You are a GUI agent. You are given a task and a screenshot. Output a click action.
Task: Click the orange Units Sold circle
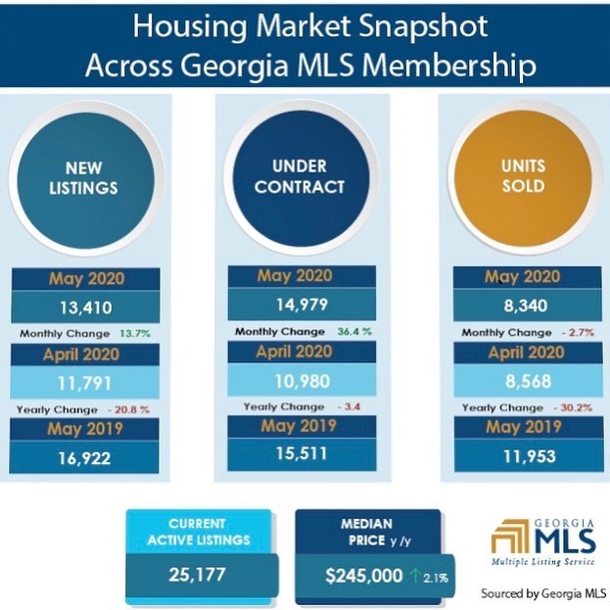click(523, 178)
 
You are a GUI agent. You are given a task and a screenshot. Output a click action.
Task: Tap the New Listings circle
click(85, 181)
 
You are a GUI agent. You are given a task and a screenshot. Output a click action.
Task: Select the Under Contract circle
click(301, 178)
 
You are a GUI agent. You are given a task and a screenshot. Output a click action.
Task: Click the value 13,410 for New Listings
click(86, 307)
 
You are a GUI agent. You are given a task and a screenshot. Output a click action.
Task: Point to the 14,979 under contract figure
click(302, 305)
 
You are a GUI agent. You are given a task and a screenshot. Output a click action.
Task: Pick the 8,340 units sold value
click(526, 305)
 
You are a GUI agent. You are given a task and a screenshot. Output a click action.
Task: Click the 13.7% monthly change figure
click(134, 334)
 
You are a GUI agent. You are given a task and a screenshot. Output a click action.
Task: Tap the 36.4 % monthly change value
click(354, 332)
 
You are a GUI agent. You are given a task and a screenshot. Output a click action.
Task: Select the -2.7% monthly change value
click(578, 333)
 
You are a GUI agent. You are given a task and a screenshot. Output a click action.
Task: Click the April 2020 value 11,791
click(84, 383)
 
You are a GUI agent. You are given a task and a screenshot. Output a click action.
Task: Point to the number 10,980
click(303, 381)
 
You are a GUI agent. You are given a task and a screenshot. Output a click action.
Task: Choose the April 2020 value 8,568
click(529, 381)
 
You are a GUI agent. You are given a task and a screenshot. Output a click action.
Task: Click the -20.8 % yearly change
click(128, 409)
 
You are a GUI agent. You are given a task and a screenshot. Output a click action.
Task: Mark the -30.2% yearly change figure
click(573, 407)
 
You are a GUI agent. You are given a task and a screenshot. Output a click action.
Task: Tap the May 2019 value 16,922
click(84, 458)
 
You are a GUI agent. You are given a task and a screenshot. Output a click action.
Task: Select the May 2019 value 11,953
click(529, 456)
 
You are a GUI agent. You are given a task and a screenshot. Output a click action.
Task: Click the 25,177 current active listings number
click(197, 574)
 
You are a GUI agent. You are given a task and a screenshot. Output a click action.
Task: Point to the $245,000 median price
click(363, 576)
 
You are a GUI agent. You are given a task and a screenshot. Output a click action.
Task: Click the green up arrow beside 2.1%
click(415, 576)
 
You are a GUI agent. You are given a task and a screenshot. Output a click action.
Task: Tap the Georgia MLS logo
click(543, 541)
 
